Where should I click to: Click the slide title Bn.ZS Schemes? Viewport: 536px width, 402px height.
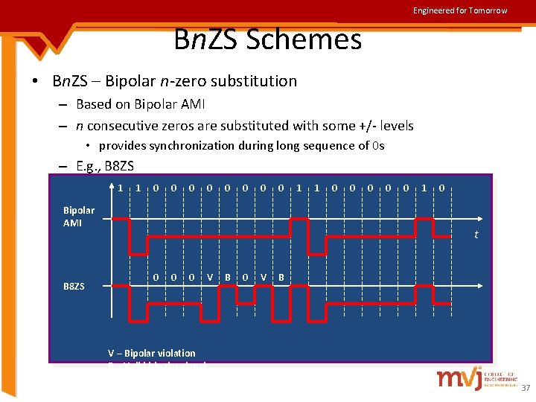click(x=267, y=39)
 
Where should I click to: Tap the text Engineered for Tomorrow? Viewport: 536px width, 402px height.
click(x=460, y=10)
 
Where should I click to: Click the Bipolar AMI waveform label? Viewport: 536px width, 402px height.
click(x=79, y=217)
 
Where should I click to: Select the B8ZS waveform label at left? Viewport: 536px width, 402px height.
click(x=74, y=286)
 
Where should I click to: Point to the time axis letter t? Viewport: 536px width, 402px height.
click(x=476, y=235)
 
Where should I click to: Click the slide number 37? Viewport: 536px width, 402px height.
click(x=526, y=388)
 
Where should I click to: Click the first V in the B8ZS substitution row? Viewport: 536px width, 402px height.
click(x=210, y=278)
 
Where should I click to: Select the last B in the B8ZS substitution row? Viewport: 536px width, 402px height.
click(x=281, y=278)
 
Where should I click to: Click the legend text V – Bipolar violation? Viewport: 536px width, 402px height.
click(x=152, y=353)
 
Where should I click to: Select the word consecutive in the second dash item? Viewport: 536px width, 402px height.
click(x=127, y=126)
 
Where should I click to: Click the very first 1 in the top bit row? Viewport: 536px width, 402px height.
click(x=121, y=188)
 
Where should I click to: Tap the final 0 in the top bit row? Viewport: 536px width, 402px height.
click(x=441, y=188)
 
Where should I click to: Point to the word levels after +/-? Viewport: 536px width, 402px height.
click(x=395, y=126)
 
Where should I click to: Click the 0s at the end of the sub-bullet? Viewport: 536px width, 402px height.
click(x=377, y=145)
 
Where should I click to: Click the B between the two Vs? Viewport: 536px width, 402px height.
click(x=228, y=278)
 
